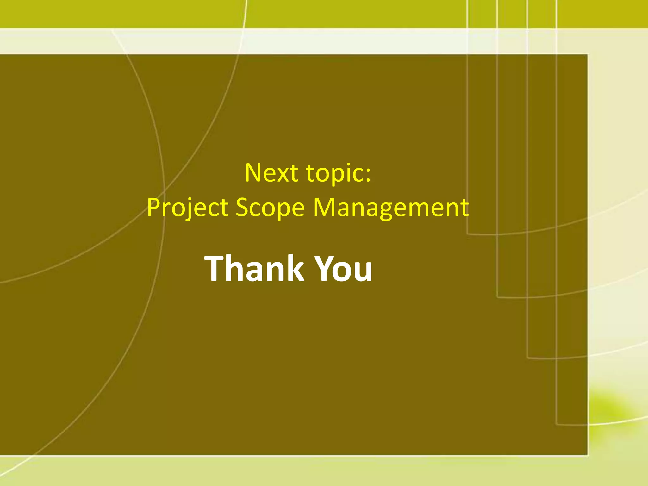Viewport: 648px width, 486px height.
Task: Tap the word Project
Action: click(188, 208)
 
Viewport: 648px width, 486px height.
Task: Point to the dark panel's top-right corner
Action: click(588, 54)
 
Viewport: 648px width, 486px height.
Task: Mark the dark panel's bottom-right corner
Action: click(588, 455)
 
